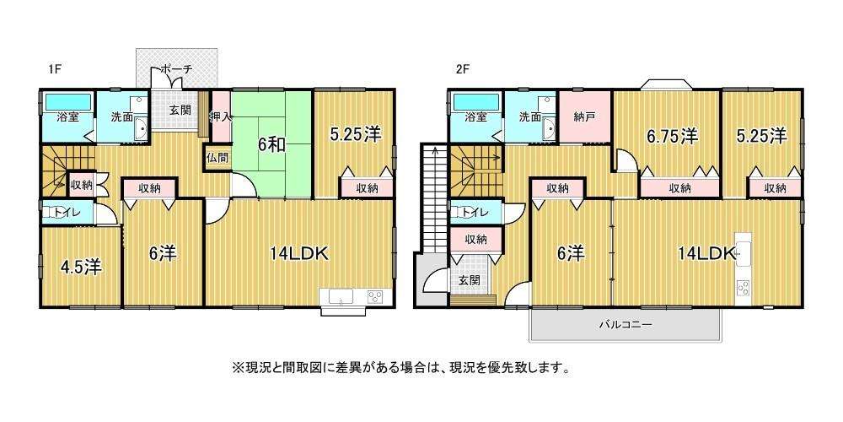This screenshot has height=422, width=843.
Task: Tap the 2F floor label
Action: click(x=462, y=69)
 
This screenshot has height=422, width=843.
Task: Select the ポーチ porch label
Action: click(x=176, y=70)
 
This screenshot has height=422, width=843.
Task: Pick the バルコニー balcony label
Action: click(x=626, y=325)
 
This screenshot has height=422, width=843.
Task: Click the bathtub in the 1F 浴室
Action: click(x=67, y=102)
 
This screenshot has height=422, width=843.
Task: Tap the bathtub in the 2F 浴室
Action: click(x=476, y=102)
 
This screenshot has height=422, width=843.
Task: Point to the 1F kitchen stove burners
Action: click(x=375, y=296)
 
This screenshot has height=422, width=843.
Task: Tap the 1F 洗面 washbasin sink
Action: click(x=141, y=130)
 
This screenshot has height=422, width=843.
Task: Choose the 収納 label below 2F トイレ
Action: click(x=475, y=240)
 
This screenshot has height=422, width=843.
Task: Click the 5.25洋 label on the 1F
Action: click(x=356, y=134)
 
